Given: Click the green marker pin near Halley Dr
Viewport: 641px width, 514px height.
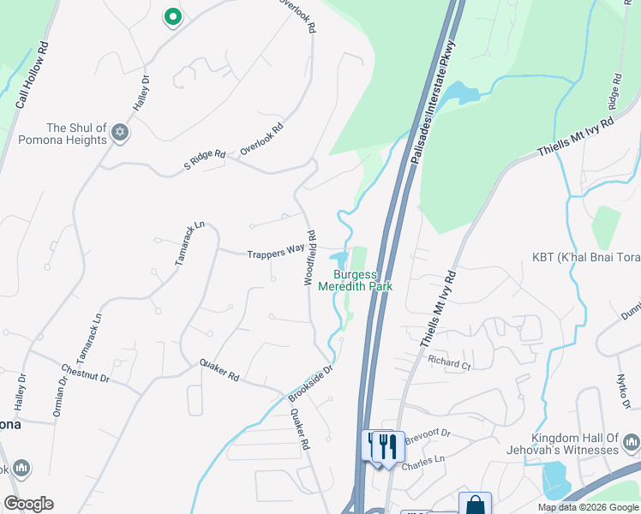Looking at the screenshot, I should click(x=172, y=16).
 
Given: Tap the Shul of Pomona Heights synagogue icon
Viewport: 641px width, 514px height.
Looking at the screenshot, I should click(x=120, y=134).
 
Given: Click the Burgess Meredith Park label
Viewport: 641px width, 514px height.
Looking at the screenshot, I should click(x=356, y=280).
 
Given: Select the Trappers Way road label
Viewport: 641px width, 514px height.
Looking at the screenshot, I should click(x=276, y=254).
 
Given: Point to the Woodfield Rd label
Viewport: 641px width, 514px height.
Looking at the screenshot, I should click(x=312, y=258).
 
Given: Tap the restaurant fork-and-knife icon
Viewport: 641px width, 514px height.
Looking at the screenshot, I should click(x=383, y=446).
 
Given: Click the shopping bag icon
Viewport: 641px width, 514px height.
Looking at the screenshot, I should click(x=475, y=505).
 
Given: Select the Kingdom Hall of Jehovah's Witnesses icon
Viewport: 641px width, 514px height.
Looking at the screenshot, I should click(x=632, y=443).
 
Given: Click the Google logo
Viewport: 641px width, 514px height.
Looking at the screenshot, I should click(x=28, y=504).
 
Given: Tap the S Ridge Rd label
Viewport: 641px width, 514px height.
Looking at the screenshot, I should click(x=205, y=159).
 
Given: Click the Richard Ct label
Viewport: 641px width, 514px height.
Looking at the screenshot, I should click(x=451, y=363).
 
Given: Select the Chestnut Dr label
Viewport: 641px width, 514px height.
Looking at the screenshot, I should click(x=85, y=374).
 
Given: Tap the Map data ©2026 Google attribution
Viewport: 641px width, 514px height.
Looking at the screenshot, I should click(x=587, y=507).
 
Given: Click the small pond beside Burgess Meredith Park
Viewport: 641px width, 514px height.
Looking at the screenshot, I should click(x=338, y=258).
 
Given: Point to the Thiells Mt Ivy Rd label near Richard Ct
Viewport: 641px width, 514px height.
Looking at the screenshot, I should click(x=439, y=309).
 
